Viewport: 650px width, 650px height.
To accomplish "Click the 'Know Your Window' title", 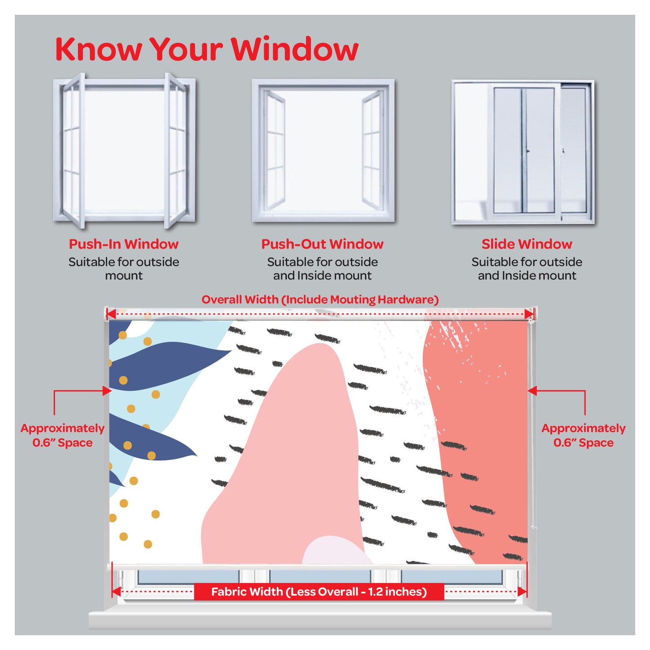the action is click(206, 49).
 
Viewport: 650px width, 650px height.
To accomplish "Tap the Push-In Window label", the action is click(123, 244).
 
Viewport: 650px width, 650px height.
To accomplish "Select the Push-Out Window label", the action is click(323, 244).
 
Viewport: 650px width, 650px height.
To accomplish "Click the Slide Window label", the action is click(527, 244).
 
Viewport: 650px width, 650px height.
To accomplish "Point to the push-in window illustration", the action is click(124, 150).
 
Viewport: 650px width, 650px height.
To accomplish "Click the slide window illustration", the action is click(523, 152).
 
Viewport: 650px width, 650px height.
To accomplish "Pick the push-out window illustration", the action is click(323, 150).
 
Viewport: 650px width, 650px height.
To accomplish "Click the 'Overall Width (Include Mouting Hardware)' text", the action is click(320, 300).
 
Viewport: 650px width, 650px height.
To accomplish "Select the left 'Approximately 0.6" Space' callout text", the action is click(63, 435).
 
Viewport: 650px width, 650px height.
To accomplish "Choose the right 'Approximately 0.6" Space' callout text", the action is click(583, 435).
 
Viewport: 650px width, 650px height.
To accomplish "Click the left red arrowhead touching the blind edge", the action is click(107, 391).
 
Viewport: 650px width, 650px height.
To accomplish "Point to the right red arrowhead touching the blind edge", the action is click(532, 391).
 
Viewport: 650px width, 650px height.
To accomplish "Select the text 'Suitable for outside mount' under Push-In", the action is click(124, 269).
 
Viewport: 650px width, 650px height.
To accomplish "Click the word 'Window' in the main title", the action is click(295, 49).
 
